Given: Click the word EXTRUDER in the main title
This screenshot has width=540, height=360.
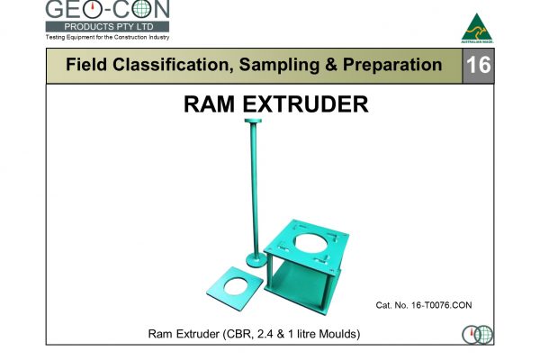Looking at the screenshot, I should (306, 104).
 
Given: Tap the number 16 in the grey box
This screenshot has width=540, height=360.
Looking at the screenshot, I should (478, 65).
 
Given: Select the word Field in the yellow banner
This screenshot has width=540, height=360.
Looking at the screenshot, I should (88, 65).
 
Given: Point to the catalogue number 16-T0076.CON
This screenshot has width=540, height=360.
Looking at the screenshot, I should (423, 306).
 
